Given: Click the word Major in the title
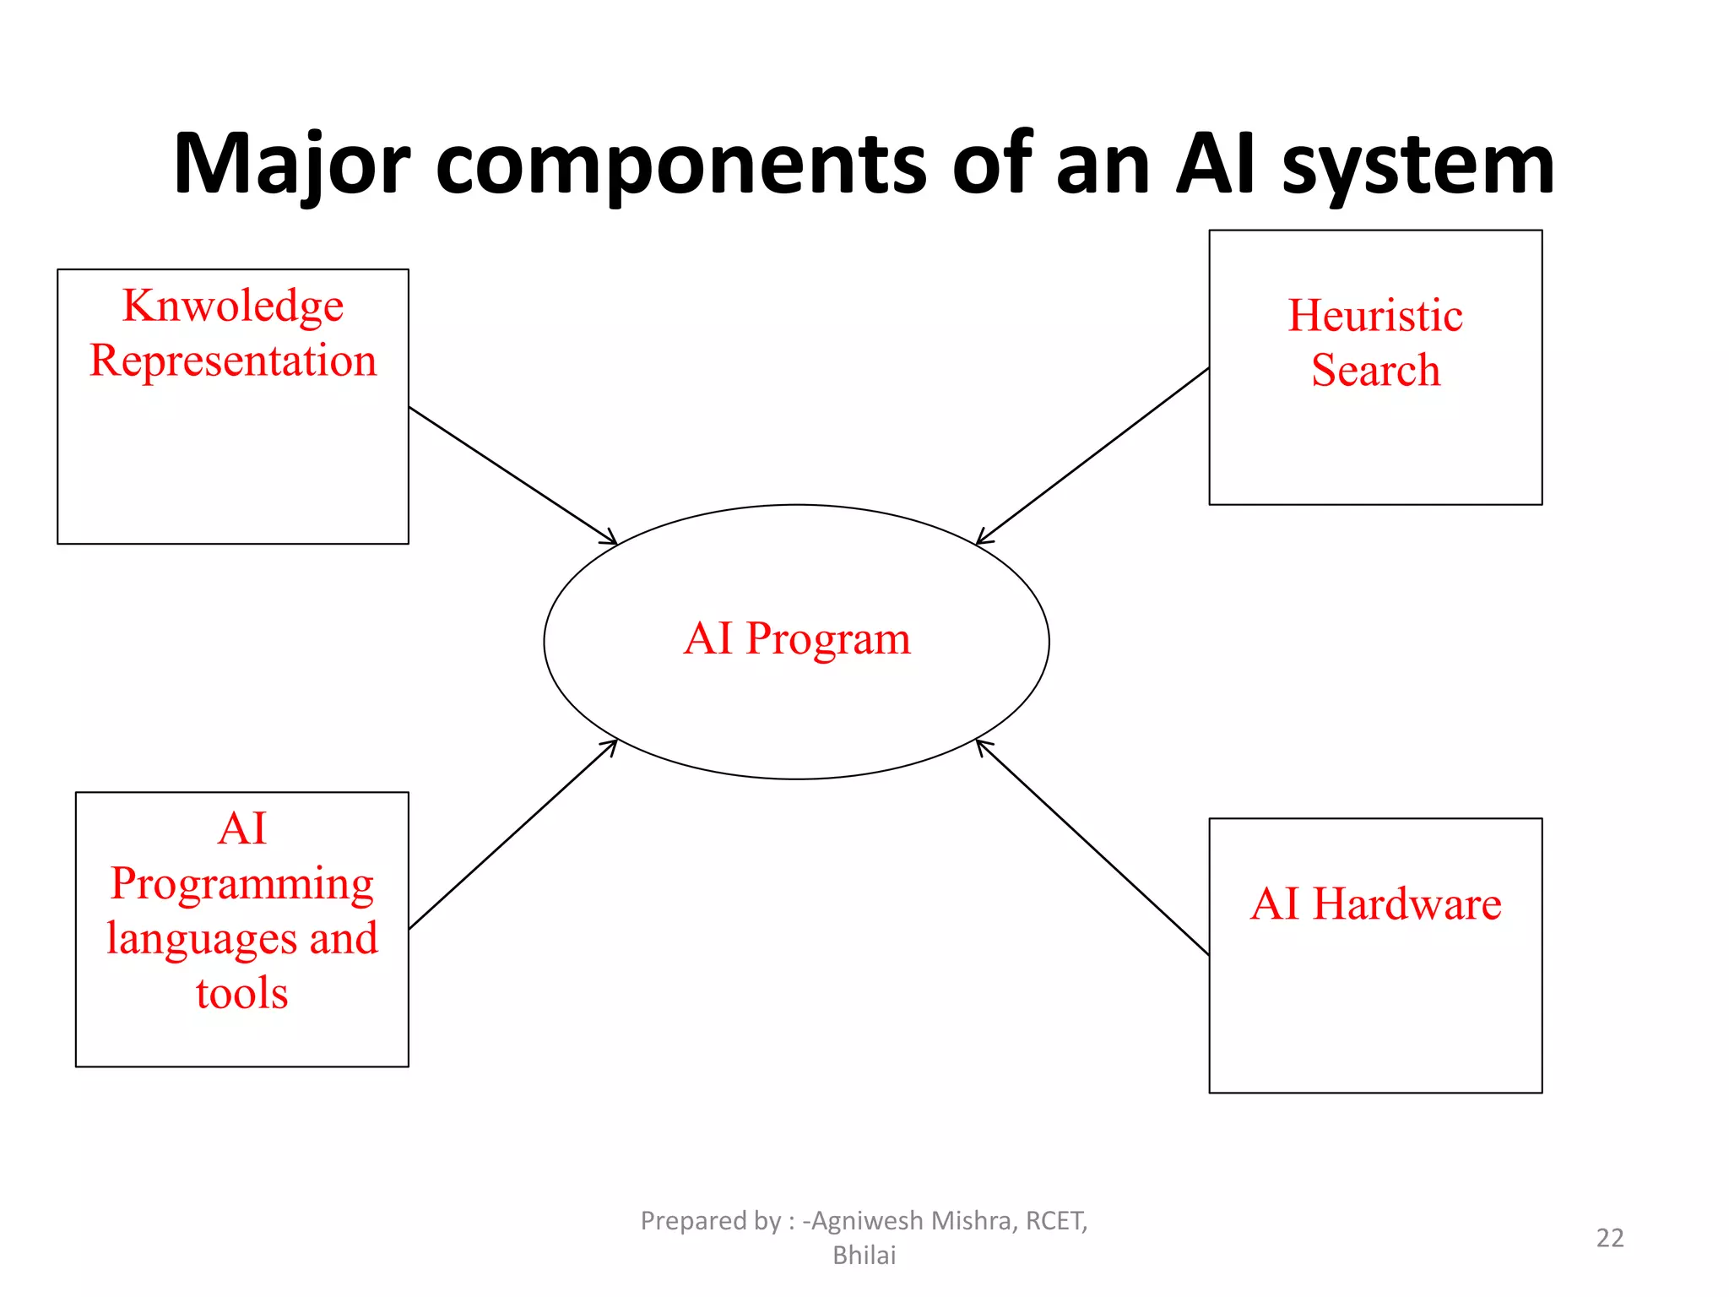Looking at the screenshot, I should click(291, 166).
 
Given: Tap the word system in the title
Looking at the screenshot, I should click(1417, 166).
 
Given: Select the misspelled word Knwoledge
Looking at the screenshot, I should click(233, 306).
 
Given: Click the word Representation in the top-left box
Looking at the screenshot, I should click(233, 361).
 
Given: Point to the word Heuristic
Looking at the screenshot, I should click(1374, 316).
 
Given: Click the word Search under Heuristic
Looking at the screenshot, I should click(1374, 371).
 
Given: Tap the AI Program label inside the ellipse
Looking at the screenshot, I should click(797, 639).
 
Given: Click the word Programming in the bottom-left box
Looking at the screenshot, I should click(242, 885).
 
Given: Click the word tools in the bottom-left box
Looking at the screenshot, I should click(242, 994).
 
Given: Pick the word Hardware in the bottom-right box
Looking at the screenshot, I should click(1407, 904).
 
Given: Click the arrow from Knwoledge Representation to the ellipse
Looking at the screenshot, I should click(512, 475).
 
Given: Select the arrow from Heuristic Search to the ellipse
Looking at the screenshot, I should click(1092, 456).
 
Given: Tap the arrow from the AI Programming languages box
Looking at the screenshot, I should click(512, 834).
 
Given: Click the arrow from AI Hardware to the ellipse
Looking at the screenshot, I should click(1092, 847).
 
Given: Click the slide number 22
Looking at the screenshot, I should click(1609, 1238).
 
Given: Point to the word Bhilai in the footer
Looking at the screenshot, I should click(864, 1256).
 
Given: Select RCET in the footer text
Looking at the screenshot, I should click(1055, 1221).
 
